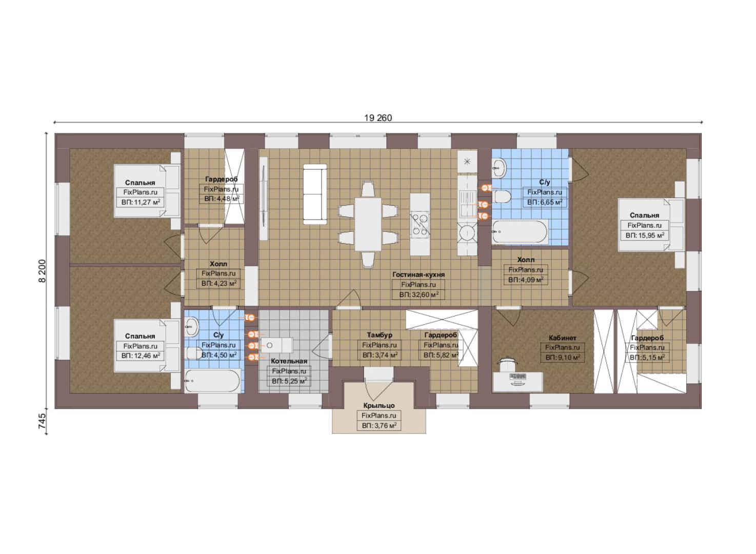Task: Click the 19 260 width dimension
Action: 378,118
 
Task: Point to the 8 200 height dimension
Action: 42,271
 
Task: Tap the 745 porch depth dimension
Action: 42,421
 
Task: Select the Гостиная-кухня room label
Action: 419,275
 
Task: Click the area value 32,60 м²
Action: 419,295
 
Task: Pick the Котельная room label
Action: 289,361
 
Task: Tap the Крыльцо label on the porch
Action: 379,405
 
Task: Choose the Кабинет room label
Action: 563,338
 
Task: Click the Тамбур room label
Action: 380,335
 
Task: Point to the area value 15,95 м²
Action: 645,235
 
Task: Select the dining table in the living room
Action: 368,224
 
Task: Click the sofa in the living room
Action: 315,194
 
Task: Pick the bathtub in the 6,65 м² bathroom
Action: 520,232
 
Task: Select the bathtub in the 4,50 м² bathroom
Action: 213,381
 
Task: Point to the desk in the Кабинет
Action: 518,382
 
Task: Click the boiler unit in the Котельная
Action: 277,345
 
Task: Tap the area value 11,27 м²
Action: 141,203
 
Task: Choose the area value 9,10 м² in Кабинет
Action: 563,358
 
